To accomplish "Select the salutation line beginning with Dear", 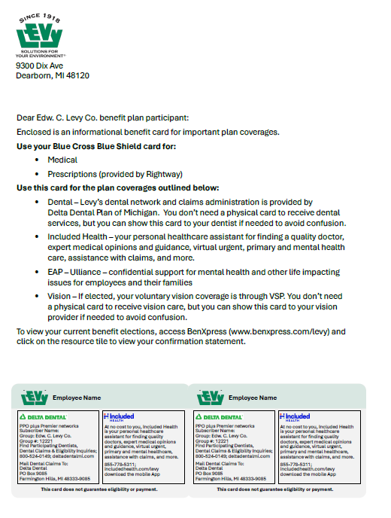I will [103, 117].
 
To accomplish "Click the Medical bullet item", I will [62, 160].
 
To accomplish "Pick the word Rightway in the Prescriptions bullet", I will [165, 173].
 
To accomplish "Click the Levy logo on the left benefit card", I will [35, 397].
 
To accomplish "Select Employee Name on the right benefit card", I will [250, 398].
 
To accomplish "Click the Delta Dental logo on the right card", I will [218, 416].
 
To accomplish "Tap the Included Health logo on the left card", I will [119, 416].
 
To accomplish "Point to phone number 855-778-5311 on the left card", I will [120, 465].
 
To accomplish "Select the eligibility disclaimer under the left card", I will [99, 489].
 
